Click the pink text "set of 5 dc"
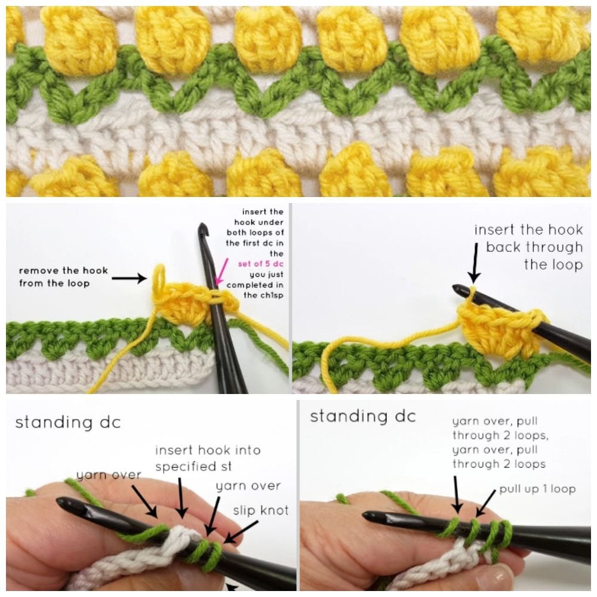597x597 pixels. [x=261, y=264]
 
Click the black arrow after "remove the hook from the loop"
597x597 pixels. [x=129, y=278]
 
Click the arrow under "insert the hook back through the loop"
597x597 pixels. [x=475, y=263]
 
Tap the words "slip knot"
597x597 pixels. [x=261, y=510]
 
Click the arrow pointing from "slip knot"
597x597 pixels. [x=241, y=532]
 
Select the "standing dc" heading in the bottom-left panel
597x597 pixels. [x=68, y=422]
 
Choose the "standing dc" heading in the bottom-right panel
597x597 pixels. [x=362, y=416]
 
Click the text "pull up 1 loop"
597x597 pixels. [x=537, y=489]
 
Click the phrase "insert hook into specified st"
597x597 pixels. [x=208, y=458]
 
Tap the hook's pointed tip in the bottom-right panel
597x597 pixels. [x=365, y=516]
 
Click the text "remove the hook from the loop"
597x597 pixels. [x=64, y=277]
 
